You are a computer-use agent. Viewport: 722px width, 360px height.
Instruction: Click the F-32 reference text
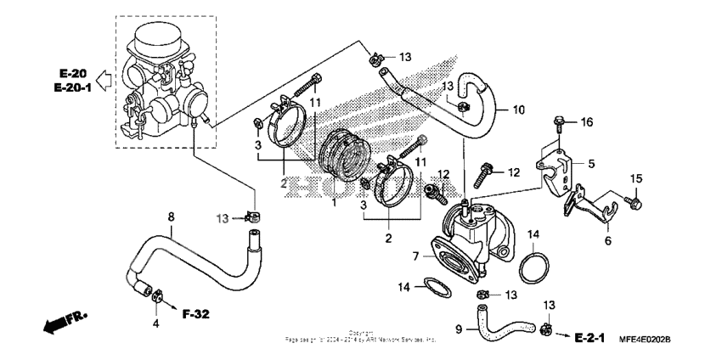click(x=195, y=313)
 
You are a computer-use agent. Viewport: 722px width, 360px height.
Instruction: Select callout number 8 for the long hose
click(x=170, y=217)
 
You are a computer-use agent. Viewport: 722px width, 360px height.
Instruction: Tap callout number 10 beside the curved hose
click(x=519, y=110)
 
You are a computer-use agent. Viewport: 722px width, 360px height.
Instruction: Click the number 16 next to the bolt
click(x=584, y=123)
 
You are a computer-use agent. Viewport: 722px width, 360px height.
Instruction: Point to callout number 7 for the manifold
click(x=416, y=256)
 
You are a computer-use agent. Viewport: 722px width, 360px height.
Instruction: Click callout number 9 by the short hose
click(x=459, y=329)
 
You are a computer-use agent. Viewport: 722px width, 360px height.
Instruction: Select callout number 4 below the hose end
click(x=155, y=323)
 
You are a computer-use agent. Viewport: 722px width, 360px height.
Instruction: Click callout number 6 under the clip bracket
click(x=607, y=240)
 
